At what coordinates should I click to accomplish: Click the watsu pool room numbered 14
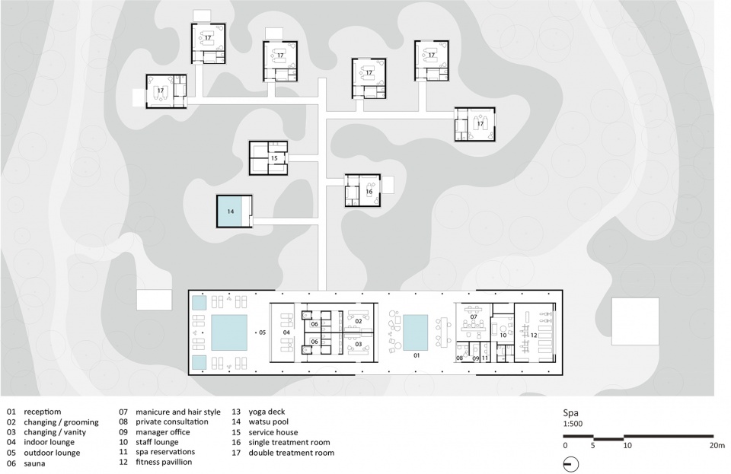pyautogui.click(x=235, y=212)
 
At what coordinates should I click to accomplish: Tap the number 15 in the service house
pyautogui.click(x=274, y=158)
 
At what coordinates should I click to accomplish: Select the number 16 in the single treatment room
pyautogui.click(x=369, y=192)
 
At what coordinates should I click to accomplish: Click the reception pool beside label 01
pyautogui.click(x=415, y=332)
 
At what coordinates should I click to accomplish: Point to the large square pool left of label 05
pyautogui.click(x=229, y=332)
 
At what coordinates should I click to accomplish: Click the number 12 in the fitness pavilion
pyautogui.click(x=535, y=335)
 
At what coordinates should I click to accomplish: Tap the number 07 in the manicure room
pyautogui.click(x=474, y=317)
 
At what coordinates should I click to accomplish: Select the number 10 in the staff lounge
pyautogui.click(x=503, y=335)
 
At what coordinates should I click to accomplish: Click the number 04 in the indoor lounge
pyautogui.click(x=286, y=332)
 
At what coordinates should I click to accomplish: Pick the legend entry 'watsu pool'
pyautogui.click(x=268, y=422)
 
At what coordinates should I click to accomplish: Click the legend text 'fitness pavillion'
pyautogui.click(x=164, y=462)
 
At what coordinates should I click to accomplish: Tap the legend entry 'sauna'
pyautogui.click(x=34, y=463)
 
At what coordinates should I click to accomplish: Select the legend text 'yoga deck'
pyautogui.click(x=267, y=412)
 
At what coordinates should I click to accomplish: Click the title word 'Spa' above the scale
pyautogui.click(x=570, y=413)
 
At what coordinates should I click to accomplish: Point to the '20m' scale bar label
pyautogui.click(x=717, y=445)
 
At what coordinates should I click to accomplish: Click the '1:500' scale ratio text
pyautogui.click(x=573, y=424)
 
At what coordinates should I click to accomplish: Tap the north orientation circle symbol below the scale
pyautogui.click(x=571, y=464)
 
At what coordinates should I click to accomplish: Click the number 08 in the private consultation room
pyautogui.click(x=460, y=358)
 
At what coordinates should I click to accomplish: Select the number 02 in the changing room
pyautogui.click(x=359, y=321)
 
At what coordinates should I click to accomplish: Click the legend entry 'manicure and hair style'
pyautogui.click(x=178, y=412)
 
